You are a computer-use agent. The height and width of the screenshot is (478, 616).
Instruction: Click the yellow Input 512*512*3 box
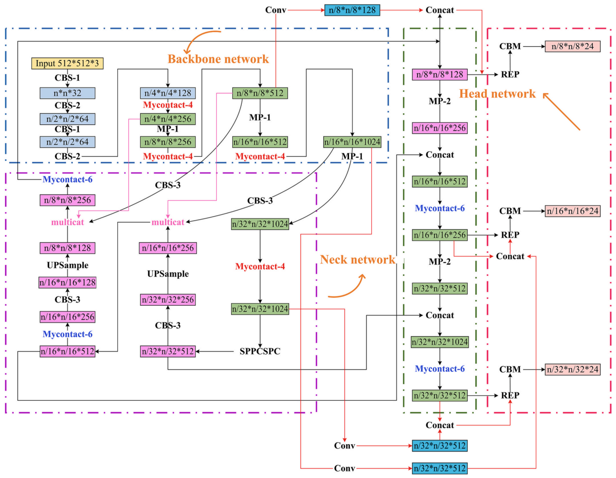click(67, 64)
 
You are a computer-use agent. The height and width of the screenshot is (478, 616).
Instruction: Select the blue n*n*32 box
click(67, 93)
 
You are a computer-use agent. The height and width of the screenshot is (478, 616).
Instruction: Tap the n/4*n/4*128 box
click(167, 93)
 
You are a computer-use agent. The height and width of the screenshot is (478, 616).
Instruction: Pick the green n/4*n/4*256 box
click(167, 119)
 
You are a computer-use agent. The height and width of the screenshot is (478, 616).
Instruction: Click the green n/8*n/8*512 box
click(260, 93)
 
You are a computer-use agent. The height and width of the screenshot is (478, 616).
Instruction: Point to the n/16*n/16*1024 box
click(352, 142)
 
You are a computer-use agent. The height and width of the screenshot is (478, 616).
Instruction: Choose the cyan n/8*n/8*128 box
click(352, 10)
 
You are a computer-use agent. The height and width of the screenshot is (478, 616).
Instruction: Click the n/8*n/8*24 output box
click(572, 46)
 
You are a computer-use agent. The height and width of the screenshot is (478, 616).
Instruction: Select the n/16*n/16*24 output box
click(572, 211)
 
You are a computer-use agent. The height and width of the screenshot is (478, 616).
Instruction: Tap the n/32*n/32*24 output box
click(572, 369)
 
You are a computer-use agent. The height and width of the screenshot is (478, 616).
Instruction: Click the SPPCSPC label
click(260, 351)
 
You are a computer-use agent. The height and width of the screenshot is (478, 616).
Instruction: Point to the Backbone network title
click(218, 59)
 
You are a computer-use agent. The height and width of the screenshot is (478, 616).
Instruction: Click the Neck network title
click(358, 260)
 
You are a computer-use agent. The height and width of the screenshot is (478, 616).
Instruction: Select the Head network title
click(497, 94)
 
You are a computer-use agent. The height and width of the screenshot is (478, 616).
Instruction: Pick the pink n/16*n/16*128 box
click(67, 283)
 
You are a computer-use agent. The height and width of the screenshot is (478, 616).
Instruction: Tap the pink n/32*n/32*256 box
click(167, 300)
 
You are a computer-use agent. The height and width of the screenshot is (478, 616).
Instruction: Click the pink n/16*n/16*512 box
click(67, 351)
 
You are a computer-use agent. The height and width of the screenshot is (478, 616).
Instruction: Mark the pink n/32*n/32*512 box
click(167, 351)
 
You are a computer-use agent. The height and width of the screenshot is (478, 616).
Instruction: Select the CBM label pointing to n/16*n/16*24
click(510, 211)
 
